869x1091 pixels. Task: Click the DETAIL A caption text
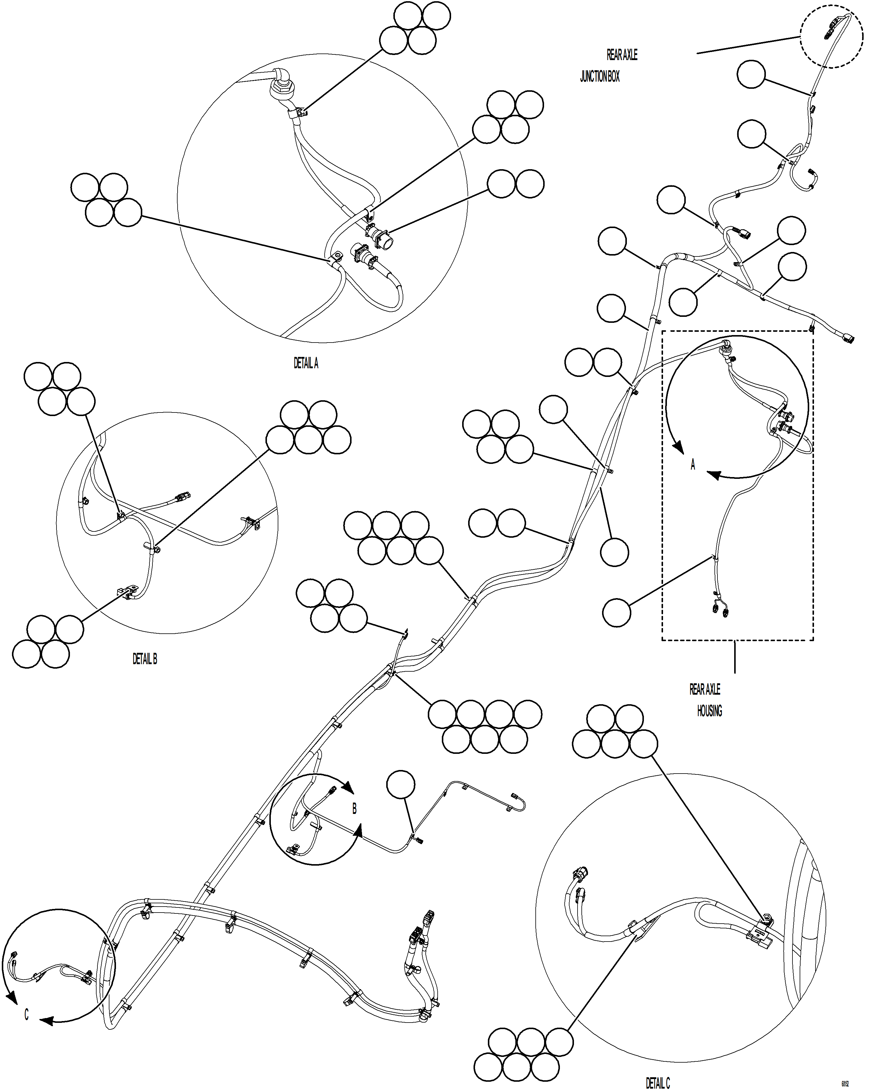pyautogui.click(x=306, y=363)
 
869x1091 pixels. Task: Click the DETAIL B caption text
pyautogui.click(x=145, y=659)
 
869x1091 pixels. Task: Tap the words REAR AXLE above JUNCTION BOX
pyautogui.click(x=622, y=55)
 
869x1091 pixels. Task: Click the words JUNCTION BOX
pyautogui.click(x=600, y=77)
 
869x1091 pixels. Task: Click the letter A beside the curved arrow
pyautogui.click(x=693, y=464)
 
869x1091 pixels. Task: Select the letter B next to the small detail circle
pyautogui.click(x=354, y=809)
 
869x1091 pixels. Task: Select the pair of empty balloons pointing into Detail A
pyautogui.click(x=516, y=184)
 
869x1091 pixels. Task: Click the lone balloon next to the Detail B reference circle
pyautogui.click(x=400, y=785)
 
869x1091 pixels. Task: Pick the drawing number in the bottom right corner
pyautogui.click(x=845, y=1084)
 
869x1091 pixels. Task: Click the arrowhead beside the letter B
pyautogui.click(x=348, y=787)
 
